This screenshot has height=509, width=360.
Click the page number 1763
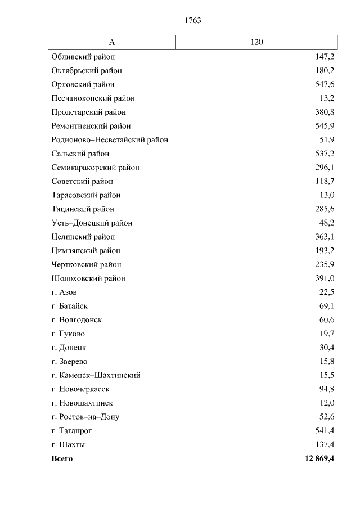[192, 21]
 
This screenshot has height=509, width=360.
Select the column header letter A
[112, 42]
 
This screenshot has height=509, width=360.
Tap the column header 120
[256, 42]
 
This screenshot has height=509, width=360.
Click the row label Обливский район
[83, 57]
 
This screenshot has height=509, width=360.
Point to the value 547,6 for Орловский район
[325, 84]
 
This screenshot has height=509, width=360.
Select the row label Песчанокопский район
[93, 98]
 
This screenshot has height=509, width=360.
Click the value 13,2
[327, 98]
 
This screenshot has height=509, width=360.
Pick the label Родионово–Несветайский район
[110, 140]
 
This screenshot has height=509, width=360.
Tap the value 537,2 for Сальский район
[325, 154]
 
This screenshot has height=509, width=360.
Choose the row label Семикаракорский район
[95, 168]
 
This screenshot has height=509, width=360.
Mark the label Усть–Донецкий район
[92, 223]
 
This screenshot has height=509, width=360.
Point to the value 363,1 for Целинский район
[325, 237]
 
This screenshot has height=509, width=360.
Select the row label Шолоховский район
[88, 278]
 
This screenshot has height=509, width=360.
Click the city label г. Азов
[64, 292]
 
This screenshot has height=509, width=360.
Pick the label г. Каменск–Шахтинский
[96, 375]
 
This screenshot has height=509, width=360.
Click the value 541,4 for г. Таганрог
[325, 431]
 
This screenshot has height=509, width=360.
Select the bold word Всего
[62, 458]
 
